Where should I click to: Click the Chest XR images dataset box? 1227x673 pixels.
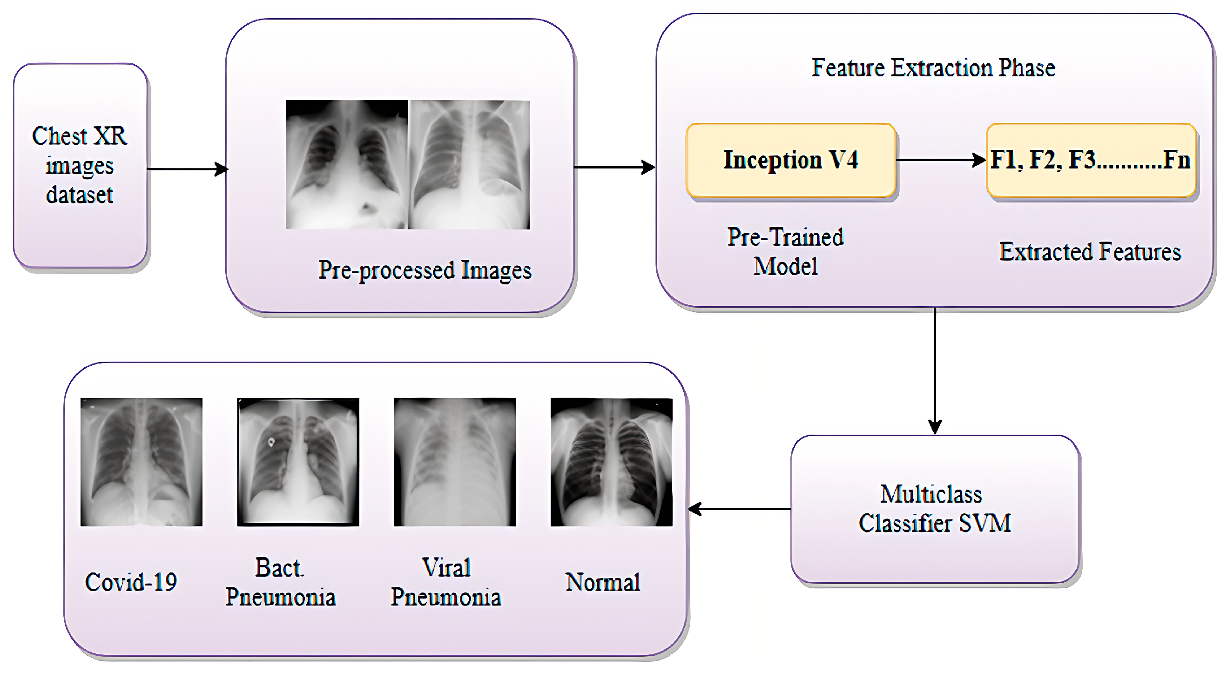tap(80, 165)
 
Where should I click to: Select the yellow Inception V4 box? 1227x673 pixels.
tap(791, 160)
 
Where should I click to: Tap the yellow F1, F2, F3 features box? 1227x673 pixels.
tap(1091, 160)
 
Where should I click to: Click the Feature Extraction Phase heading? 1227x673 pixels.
tap(933, 67)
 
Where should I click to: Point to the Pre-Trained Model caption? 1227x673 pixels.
tap(785, 251)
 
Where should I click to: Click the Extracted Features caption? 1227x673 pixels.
tap(1090, 252)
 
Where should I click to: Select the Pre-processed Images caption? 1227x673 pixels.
tap(425, 270)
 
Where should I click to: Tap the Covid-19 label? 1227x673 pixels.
tap(131, 582)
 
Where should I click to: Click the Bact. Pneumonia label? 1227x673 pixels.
tap(281, 582)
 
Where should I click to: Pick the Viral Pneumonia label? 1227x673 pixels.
tap(446, 582)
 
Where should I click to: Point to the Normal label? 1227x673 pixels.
tap(602, 582)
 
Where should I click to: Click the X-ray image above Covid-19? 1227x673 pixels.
tap(142, 462)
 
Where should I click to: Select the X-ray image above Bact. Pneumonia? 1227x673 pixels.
tap(298, 462)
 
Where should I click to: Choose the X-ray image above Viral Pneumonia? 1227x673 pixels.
tap(454, 462)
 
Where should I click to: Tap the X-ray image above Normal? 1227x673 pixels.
tap(611, 462)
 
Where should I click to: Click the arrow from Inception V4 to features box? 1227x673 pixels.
tap(941, 160)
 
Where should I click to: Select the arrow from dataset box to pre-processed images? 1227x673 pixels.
tap(187, 168)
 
